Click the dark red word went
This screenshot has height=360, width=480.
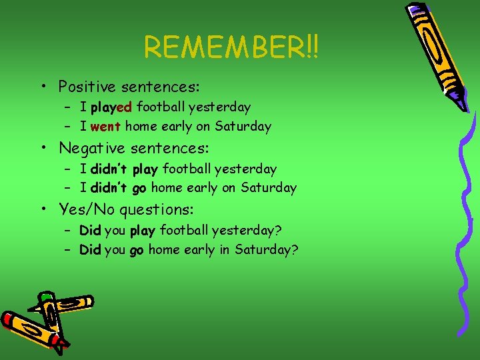point(106,127)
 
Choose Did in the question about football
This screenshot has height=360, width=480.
point(90,231)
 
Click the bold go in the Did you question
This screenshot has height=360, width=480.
point(137,251)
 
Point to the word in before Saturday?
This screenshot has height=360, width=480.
point(226,250)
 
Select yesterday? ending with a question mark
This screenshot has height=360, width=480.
point(247,231)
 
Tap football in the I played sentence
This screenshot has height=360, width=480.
point(161,107)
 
